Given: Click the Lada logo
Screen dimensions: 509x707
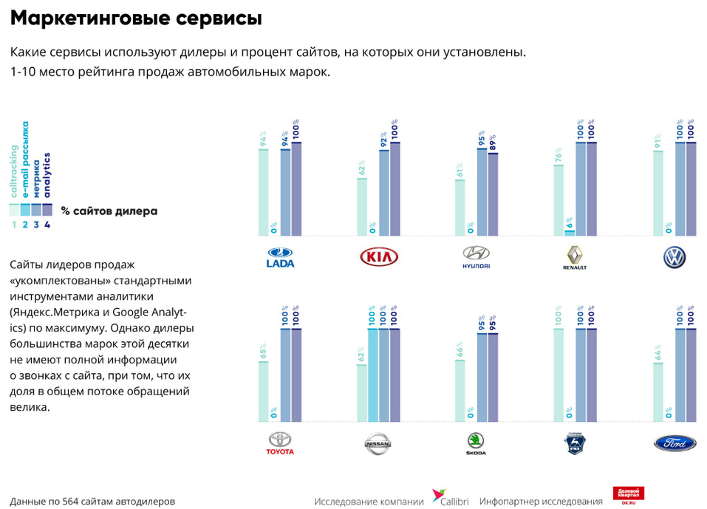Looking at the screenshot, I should [280, 256].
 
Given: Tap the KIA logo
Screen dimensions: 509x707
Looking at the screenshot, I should [378, 256].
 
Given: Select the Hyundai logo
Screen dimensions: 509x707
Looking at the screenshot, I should [477, 256].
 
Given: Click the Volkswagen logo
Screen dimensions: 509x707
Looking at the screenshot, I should [674, 256].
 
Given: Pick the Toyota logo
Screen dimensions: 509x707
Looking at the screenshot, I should [280, 443].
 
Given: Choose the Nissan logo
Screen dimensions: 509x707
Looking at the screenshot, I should [378, 443].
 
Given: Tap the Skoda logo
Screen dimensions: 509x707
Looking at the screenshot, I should [477, 443].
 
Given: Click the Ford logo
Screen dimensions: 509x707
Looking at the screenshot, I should [674, 443].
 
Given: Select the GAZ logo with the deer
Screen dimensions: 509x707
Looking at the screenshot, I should [575, 443].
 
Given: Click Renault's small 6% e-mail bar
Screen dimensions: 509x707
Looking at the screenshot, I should [570, 232].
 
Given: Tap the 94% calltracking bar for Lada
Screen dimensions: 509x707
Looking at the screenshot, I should [263, 192].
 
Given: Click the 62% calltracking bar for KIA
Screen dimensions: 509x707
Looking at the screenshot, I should [361, 206].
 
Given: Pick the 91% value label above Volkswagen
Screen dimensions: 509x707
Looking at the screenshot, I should [658, 140].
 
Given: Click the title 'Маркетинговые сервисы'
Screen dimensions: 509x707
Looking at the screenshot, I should [136, 18].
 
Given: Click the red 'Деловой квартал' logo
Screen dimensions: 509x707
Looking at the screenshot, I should [628, 496].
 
